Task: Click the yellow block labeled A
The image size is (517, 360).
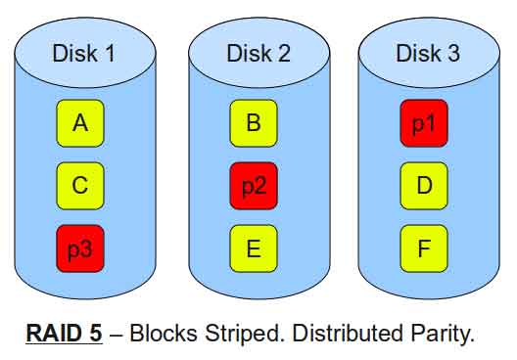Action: (80, 123)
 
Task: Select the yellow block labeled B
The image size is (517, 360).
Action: (254, 123)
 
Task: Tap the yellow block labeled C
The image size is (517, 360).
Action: (80, 186)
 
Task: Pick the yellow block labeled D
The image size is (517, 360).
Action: (424, 186)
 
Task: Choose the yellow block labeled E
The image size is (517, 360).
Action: (254, 248)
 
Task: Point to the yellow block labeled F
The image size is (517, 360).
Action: (424, 248)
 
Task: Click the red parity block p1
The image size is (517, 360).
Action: (424, 123)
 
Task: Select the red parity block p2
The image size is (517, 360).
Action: (254, 186)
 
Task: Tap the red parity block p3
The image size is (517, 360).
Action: (80, 248)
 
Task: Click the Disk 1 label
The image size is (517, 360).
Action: (84, 53)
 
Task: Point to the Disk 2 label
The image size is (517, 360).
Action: (258, 53)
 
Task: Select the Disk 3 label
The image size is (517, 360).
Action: (428, 53)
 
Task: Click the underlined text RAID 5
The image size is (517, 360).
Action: (64, 333)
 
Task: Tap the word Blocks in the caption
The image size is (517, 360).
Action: (164, 333)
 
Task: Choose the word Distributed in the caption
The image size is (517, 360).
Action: (348, 333)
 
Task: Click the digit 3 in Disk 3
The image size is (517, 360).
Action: (453, 53)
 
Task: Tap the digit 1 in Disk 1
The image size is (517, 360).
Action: (110, 53)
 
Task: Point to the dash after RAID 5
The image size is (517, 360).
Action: (116, 335)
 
